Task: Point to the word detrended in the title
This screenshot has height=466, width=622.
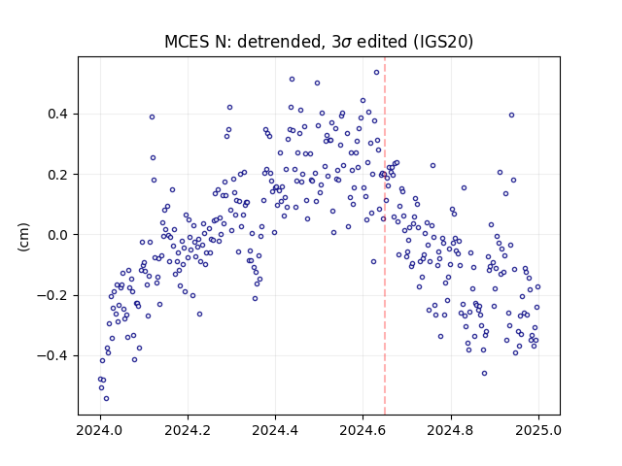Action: point(282,42)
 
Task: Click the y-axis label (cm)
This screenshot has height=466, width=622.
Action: point(23,237)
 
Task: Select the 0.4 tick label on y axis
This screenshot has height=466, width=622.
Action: point(57,115)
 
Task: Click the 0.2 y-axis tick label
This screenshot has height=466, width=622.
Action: point(57,175)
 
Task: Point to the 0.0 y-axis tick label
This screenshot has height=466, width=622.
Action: point(57,235)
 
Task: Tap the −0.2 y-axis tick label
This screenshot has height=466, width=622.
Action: point(52,295)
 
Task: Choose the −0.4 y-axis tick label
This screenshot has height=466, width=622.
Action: point(52,356)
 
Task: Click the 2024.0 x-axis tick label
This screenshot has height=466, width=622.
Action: point(100,430)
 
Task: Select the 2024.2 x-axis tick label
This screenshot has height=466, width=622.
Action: point(188,430)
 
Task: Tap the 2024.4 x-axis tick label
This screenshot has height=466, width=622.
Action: point(275,430)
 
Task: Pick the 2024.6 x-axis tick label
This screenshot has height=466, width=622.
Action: point(363,430)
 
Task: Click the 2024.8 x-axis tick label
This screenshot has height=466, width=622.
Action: point(451,430)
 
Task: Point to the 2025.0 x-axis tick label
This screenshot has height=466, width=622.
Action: point(538,430)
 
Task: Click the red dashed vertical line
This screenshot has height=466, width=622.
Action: point(385,236)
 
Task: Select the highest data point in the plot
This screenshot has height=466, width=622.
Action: point(376,73)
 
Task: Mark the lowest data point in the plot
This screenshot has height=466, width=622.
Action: point(106,399)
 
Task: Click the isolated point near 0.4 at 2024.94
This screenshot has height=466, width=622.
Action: point(512,116)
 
